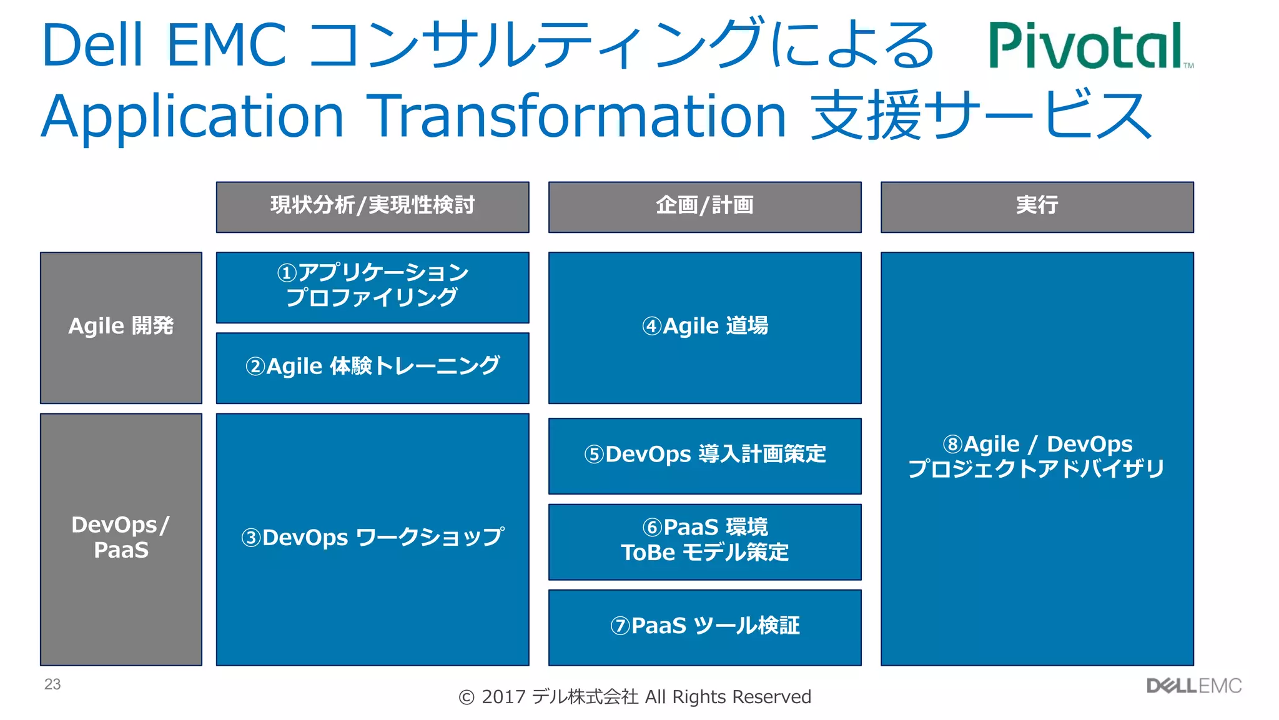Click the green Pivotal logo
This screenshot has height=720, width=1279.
pyautogui.click(x=1090, y=46)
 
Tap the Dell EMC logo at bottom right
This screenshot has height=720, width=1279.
pyautogui.click(x=1193, y=686)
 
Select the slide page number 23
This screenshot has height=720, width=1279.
pyautogui.click(x=52, y=684)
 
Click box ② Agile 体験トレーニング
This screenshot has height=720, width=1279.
pyautogui.click(x=372, y=367)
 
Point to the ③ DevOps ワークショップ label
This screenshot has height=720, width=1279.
pyautogui.click(x=372, y=538)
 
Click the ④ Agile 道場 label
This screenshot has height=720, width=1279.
pyautogui.click(x=704, y=326)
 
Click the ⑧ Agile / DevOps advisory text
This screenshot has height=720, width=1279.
pyautogui.click(x=1037, y=456)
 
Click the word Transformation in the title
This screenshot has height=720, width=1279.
pyautogui.click(x=575, y=116)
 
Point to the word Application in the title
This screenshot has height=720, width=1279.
pyautogui.click(x=192, y=117)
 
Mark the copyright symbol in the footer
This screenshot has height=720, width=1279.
pyautogui.click(x=467, y=698)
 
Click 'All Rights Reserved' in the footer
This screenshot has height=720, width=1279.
pyautogui.click(x=728, y=697)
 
